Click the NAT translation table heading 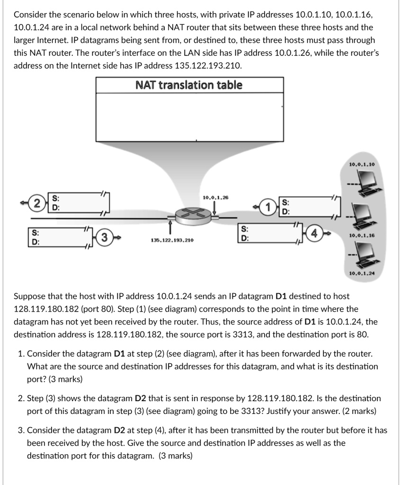click(x=189, y=85)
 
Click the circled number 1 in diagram click(x=269, y=207)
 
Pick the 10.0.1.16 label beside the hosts click(x=362, y=235)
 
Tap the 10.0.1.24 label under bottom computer click(x=362, y=273)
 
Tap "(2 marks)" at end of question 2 click(x=356, y=411)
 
